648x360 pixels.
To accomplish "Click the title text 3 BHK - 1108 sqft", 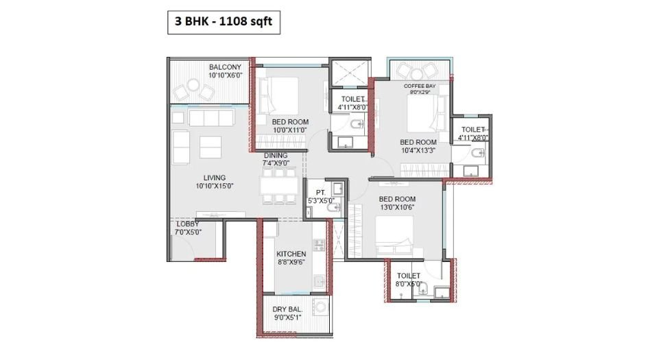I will [x=223, y=23].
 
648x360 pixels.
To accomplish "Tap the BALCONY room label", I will [x=225, y=67].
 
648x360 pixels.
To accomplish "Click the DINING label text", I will [x=276, y=156].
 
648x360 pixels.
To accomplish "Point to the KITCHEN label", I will [x=291, y=254].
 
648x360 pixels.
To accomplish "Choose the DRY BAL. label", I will [x=287, y=309].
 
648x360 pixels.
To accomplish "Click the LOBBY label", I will [x=187, y=224].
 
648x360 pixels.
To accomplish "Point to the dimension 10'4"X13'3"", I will [x=418, y=151].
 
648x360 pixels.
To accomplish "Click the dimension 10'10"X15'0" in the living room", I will [x=215, y=186].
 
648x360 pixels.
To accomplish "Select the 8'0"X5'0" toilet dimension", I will [x=408, y=283].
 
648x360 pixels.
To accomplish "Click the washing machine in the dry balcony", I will [x=320, y=306].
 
